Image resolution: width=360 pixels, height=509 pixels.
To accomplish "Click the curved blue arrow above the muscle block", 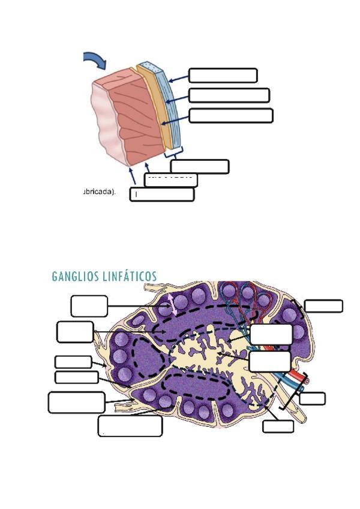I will [95, 59].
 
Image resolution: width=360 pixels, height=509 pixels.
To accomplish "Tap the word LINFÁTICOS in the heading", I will [131, 277].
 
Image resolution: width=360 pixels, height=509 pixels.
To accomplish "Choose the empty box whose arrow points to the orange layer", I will [231, 115].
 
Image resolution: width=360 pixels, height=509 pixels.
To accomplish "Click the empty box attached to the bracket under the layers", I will [199, 166].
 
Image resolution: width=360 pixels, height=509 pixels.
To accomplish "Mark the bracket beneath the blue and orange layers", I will [173, 154].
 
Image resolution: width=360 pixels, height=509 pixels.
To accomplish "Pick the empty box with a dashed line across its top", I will [171, 180].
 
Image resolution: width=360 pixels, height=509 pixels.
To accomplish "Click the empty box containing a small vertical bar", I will [162, 194].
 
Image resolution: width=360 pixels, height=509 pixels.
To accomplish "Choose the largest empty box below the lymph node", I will [130, 426].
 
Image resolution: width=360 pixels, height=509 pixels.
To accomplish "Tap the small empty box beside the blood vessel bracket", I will [312, 399].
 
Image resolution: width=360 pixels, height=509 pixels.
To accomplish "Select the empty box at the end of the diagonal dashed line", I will [278, 426].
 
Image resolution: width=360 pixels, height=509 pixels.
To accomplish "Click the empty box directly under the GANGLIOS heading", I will [89, 306].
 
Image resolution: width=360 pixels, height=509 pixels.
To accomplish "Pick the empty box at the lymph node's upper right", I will [323, 306].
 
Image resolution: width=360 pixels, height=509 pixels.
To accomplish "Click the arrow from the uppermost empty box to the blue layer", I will [178, 78].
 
